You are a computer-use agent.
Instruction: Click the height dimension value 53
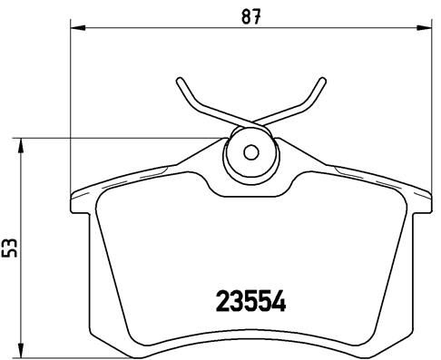pos(11,246)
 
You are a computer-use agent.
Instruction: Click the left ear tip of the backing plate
pos(73,199)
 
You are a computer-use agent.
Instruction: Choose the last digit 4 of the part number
pos(280,299)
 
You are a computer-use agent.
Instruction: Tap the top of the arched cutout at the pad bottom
pos(251,327)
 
